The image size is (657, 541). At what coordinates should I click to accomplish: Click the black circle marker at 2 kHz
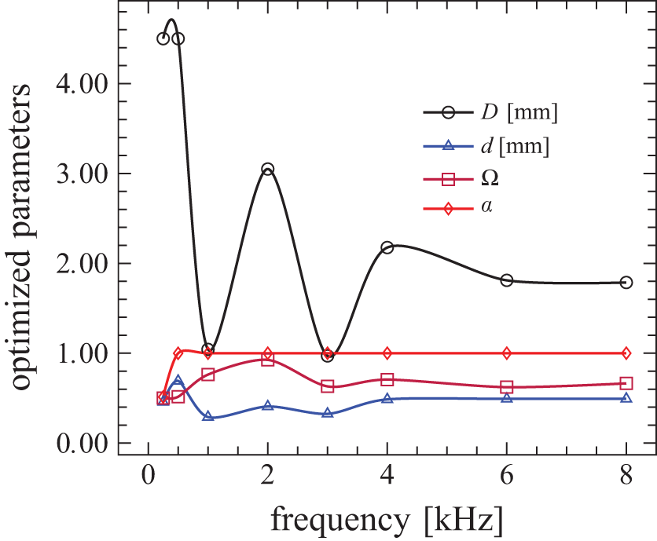[x=267, y=170]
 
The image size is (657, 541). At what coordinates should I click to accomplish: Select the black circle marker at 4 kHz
[x=387, y=247]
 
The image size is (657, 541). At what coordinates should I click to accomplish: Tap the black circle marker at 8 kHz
[x=626, y=283]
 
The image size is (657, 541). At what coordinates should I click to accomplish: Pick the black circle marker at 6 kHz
[x=507, y=280]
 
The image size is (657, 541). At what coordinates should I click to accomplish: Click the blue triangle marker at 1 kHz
[x=207, y=416]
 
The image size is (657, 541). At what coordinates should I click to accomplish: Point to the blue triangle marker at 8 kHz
[x=626, y=398]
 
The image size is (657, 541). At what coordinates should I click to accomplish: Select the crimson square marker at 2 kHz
[x=267, y=360]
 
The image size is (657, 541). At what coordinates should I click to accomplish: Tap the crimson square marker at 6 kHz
[x=507, y=387]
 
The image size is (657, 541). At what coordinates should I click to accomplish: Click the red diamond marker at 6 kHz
[x=507, y=353]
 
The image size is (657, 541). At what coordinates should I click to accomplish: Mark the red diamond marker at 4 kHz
[x=387, y=353]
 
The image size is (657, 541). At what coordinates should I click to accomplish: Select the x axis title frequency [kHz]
[x=387, y=520]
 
